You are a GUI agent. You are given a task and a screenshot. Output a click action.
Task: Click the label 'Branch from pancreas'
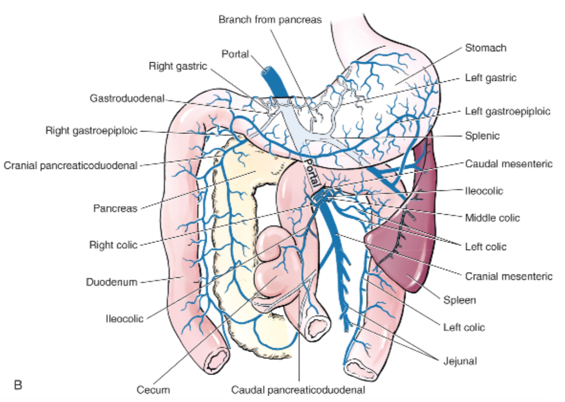pyautogui.click(x=270, y=20)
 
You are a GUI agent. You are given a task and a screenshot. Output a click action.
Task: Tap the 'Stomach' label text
pyautogui.click(x=486, y=48)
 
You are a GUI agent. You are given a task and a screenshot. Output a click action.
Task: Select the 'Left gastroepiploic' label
pyautogui.click(x=508, y=111)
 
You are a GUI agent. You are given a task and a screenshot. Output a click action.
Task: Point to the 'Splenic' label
pyautogui.click(x=482, y=136)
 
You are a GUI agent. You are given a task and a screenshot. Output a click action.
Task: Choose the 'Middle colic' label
pyautogui.click(x=492, y=218)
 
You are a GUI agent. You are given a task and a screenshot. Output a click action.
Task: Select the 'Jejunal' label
pyautogui.click(x=460, y=360)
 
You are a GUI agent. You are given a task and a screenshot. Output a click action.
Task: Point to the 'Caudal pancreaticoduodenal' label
pyautogui.click(x=298, y=390)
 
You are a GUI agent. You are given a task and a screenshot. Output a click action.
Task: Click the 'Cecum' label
pyautogui.click(x=153, y=390)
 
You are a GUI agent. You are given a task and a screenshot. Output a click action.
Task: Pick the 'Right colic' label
pyautogui.click(x=113, y=244)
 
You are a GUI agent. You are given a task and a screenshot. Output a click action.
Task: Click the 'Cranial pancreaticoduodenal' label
pyautogui.click(x=71, y=165)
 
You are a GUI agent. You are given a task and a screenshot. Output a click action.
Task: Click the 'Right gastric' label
pyautogui.click(x=178, y=66)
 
